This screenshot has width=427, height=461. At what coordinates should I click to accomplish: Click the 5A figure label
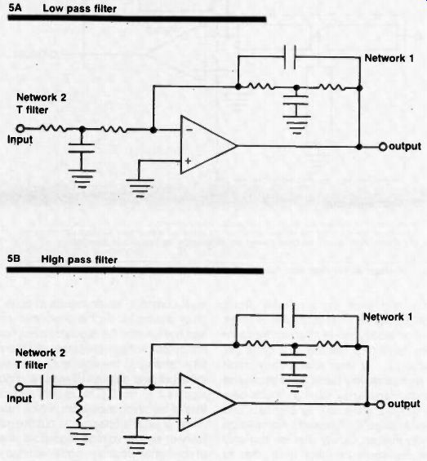coord(15,7)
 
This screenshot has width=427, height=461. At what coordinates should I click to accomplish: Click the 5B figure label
coord(14,259)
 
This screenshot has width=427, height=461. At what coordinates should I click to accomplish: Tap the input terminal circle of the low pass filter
coord(20,128)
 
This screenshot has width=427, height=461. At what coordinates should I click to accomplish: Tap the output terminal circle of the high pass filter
coord(380,405)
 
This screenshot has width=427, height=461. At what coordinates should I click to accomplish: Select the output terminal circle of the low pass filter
coord(383,146)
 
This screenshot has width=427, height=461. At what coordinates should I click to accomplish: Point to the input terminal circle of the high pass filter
coord(19,387)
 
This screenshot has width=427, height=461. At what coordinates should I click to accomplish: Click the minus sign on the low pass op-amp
coord(189,130)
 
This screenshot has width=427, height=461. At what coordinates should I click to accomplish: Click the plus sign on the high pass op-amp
coord(188,418)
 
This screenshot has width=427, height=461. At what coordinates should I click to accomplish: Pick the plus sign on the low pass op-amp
coord(188,161)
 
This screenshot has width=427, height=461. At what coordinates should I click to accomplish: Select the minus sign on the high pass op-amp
coord(188,388)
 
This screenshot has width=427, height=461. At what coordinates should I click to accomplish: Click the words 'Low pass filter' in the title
coord(79,8)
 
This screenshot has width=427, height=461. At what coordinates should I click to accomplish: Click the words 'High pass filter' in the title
coord(79,259)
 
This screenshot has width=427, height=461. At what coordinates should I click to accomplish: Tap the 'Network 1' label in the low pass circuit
coord(389,58)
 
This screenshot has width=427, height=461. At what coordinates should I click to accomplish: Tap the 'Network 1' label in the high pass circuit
coord(388,317)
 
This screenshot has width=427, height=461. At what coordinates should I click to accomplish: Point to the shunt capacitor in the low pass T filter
coord(82,148)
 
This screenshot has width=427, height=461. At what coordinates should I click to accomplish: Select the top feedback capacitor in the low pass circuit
coord(290,57)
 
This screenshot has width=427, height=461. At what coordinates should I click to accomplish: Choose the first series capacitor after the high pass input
coord(47,387)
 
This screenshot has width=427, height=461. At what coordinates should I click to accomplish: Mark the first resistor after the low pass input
coord(53,128)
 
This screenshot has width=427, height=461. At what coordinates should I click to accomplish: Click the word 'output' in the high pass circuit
coord(404,404)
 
